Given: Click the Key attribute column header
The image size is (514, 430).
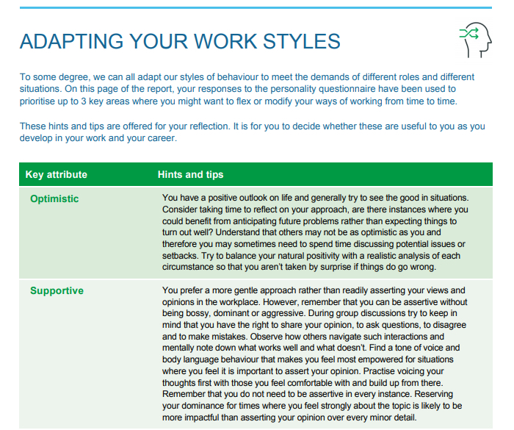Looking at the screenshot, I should [x=57, y=174].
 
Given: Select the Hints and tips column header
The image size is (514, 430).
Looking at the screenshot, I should [x=191, y=174].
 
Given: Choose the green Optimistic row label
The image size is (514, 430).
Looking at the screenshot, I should [x=54, y=198].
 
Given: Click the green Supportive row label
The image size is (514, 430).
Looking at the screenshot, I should [x=57, y=290].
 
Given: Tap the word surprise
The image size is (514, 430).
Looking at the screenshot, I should [x=348, y=267].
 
